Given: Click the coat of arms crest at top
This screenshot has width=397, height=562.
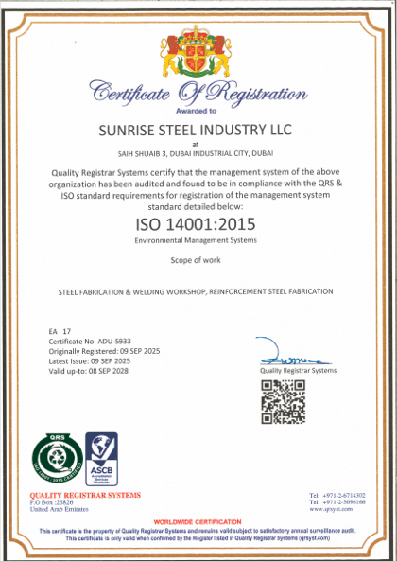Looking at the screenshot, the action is pos(198,46).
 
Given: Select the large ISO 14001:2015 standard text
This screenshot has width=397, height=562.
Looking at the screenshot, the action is pos(198,226).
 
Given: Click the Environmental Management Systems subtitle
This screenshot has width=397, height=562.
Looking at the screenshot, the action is pos(198,243).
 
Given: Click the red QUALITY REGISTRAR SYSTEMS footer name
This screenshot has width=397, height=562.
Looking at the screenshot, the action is pos(86,495).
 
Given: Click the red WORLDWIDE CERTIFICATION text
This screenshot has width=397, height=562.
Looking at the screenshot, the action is pos(198,521).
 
